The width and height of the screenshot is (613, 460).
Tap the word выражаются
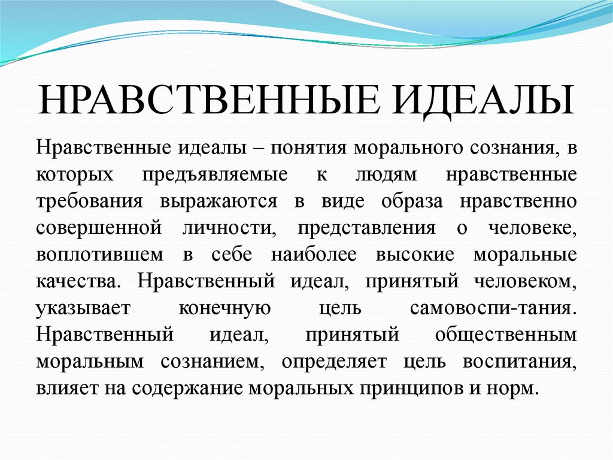[218, 201]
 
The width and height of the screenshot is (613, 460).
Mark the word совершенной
[99, 228]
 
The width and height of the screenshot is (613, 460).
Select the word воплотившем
[99, 254]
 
